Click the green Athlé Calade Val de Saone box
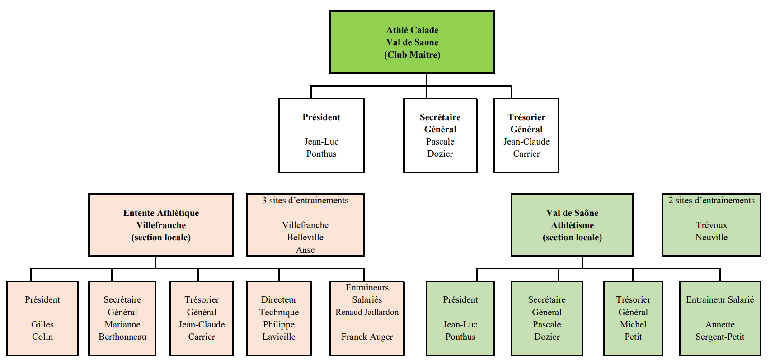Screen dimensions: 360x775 412,42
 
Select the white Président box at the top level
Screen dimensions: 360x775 321,136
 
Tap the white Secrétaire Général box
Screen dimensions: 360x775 440,136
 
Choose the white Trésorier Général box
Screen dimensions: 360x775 526,136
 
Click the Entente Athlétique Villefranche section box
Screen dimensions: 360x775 161,225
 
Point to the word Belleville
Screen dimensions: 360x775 305,237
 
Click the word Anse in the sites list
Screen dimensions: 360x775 305,250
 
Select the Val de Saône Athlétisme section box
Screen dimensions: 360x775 572,225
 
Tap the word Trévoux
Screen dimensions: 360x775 711,225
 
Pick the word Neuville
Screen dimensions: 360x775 711,237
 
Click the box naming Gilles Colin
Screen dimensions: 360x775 42,318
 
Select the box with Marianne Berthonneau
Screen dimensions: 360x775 122,318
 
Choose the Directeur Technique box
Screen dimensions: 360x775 279,318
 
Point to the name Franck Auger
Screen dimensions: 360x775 367,337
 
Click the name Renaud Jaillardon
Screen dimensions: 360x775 367,312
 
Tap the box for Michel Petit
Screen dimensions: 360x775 633,318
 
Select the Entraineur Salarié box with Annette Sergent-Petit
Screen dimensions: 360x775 720,318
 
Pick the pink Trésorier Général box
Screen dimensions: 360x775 202,318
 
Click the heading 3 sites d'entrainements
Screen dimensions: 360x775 305,201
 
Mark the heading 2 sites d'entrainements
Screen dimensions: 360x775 711,201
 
